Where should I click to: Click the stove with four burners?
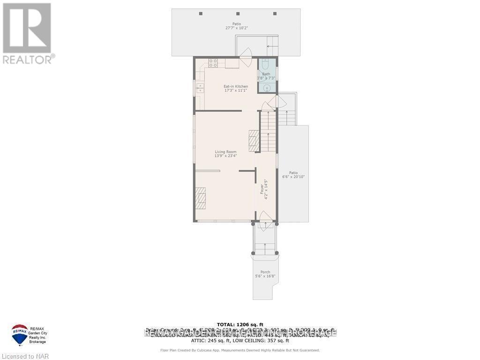pos(213,62)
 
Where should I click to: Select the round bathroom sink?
pos(267,88)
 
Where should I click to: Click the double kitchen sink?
pos(200,88)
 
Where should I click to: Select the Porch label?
pos(265,274)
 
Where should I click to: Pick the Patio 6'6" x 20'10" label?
pos(293,174)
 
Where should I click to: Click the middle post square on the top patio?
pos(238,14)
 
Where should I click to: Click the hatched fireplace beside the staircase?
pos(254,141)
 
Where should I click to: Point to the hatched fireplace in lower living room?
pos(201,198)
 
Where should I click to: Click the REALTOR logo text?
pos(29,59)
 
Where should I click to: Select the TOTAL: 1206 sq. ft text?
pos(240,324)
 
